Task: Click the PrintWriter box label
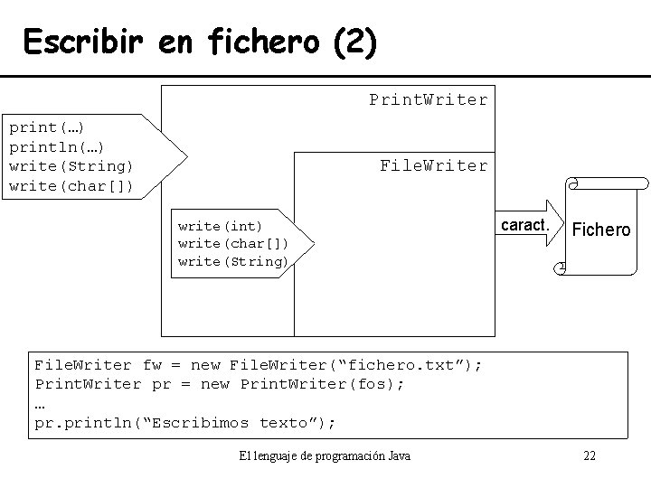(428, 99)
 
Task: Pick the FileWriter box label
(433, 165)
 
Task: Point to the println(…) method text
(55, 146)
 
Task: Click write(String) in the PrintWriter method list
(71, 166)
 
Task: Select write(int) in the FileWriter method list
(220, 226)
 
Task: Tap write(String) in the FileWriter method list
(232, 262)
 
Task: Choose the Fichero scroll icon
(600, 229)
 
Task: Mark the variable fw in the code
(152, 365)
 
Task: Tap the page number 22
(589, 455)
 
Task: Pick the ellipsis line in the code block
(40, 403)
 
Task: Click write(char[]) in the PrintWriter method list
(71, 186)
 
